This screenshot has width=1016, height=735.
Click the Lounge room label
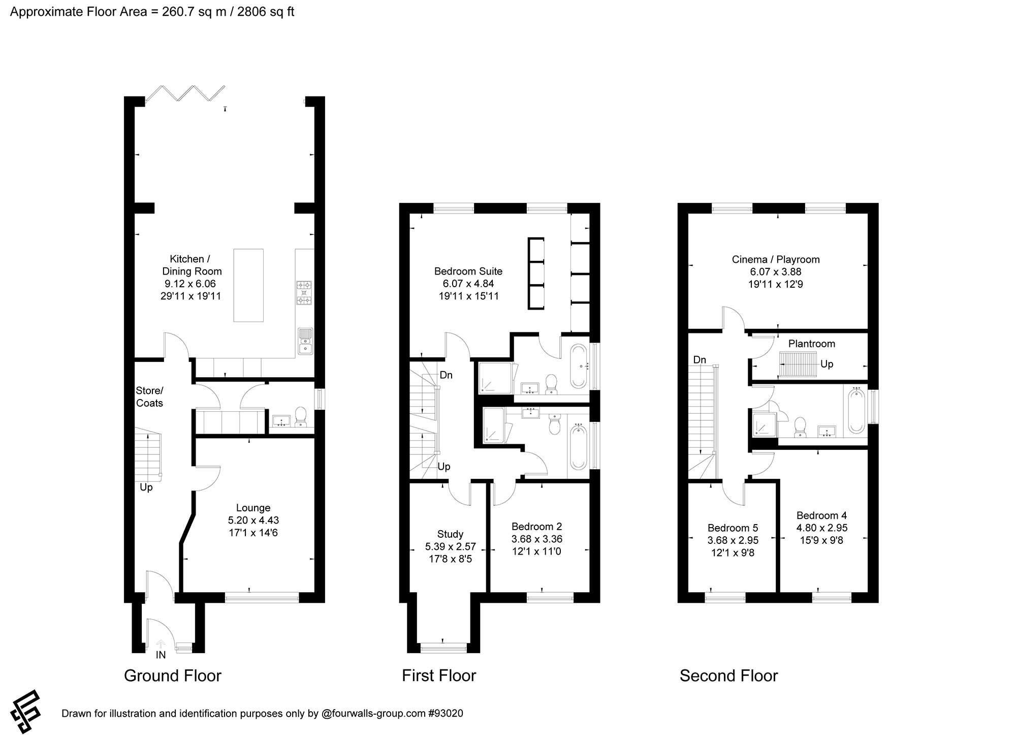pyautogui.click(x=253, y=508)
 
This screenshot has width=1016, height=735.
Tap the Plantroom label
pyautogui.click(x=811, y=344)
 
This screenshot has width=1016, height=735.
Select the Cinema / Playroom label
pyautogui.click(x=776, y=259)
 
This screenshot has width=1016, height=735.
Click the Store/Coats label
pyautogui.click(x=149, y=396)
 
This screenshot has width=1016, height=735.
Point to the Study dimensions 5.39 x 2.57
pyautogui.click(x=450, y=547)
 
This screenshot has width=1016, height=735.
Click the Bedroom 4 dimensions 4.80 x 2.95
pyautogui.click(x=821, y=528)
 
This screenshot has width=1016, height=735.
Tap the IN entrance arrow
pyautogui.click(x=161, y=643)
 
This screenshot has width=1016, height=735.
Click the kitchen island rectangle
pyautogui.click(x=248, y=285)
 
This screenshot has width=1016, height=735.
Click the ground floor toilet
pyautogui.click(x=301, y=417)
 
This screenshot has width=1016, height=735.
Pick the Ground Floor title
pyautogui.click(x=173, y=676)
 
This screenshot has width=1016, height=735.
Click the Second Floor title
pyautogui.click(x=728, y=676)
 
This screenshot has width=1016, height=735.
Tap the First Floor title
pyautogui.click(x=439, y=676)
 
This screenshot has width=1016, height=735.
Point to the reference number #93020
pyautogui.click(x=446, y=713)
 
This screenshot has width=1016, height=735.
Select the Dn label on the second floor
pyautogui.click(x=700, y=360)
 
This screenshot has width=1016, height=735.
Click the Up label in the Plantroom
pyautogui.click(x=827, y=364)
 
